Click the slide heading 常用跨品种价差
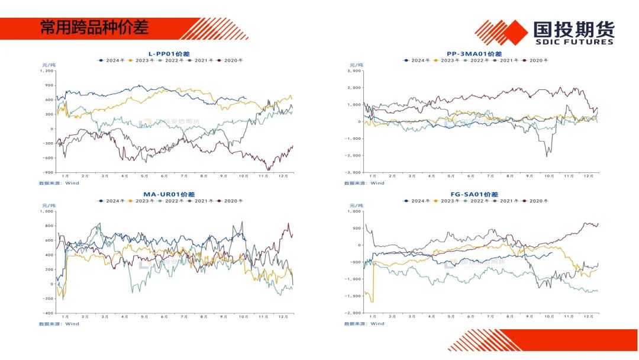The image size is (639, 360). pyautogui.click(x=94, y=27)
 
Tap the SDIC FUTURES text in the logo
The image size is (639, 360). pyautogui.click(x=573, y=42)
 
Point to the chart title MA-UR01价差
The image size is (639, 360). pyautogui.click(x=169, y=194)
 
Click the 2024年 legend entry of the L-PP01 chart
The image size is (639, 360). pyautogui.click(x=112, y=60)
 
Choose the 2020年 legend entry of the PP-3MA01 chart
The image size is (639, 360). pyautogui.click(x=538, y=60)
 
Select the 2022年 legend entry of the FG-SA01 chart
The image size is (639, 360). pyautogui.click(x=479, y=201)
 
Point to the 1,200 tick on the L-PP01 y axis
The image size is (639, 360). pyautogui.click(x=47, y=70)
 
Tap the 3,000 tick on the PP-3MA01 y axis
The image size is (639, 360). pyautogui.click(x=354, y=70)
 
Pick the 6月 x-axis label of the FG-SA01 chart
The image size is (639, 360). pyautogui.click(x=470, y=317)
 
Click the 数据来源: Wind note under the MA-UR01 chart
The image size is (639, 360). pyautogui.click(x=59, y=323)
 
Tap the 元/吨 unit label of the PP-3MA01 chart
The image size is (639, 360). pyautogui.click(x=354, y=65)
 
